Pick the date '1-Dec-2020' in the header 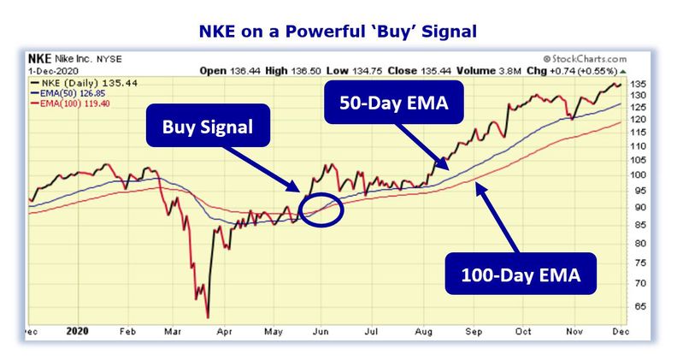tap(53, 71)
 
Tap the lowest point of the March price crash tap(209, 317)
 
